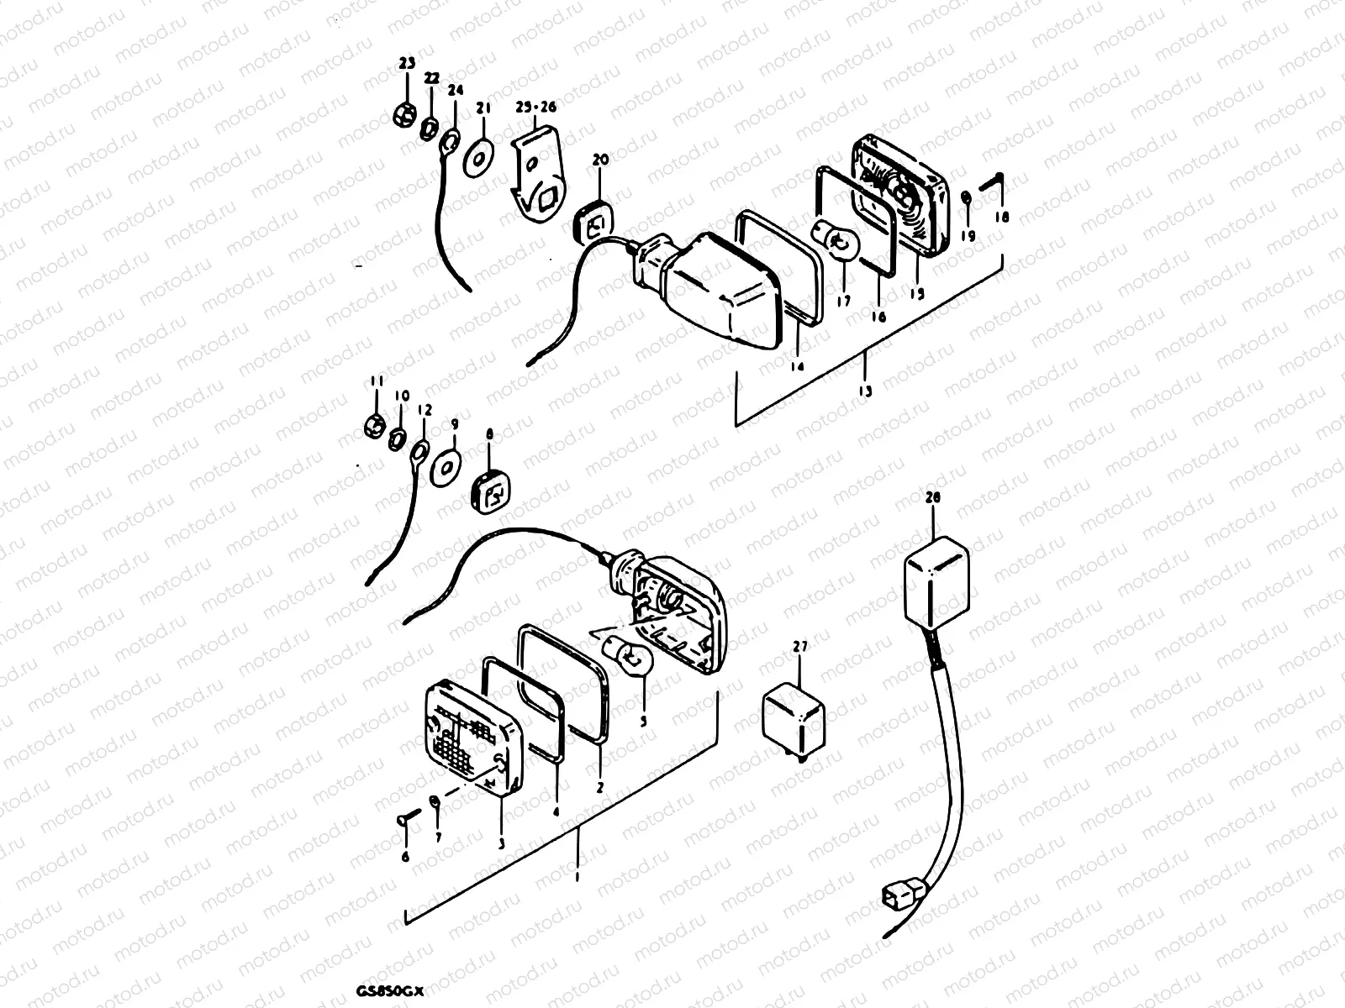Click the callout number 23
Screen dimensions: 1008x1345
pos(407,64)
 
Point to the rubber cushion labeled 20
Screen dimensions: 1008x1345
pos(595,223)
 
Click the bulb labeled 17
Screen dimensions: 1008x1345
pos(834,244)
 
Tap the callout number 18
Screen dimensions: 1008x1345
pos(999,217)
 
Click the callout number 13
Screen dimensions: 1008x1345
pos(865,391)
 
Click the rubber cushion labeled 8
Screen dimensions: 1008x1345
pos(491,491)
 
